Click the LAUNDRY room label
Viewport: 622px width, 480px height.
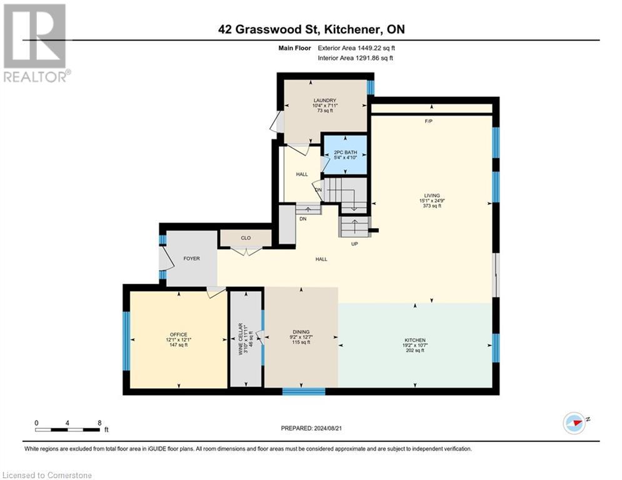[x=324, y=101]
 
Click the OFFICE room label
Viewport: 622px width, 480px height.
[x=178, y=335]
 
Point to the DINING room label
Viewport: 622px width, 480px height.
[x=301, y=332]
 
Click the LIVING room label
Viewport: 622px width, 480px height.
[x=432, y=195]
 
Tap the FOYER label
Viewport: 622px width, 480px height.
[x=191, y=258]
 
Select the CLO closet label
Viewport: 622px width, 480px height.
[x=245, y=238]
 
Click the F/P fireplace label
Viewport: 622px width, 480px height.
[x=429, y=121]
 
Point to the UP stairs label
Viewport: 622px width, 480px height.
[x=354, y=244]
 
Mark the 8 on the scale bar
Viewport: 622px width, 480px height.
[x=99, y=422]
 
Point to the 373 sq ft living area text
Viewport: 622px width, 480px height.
[x=432, y=206]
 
